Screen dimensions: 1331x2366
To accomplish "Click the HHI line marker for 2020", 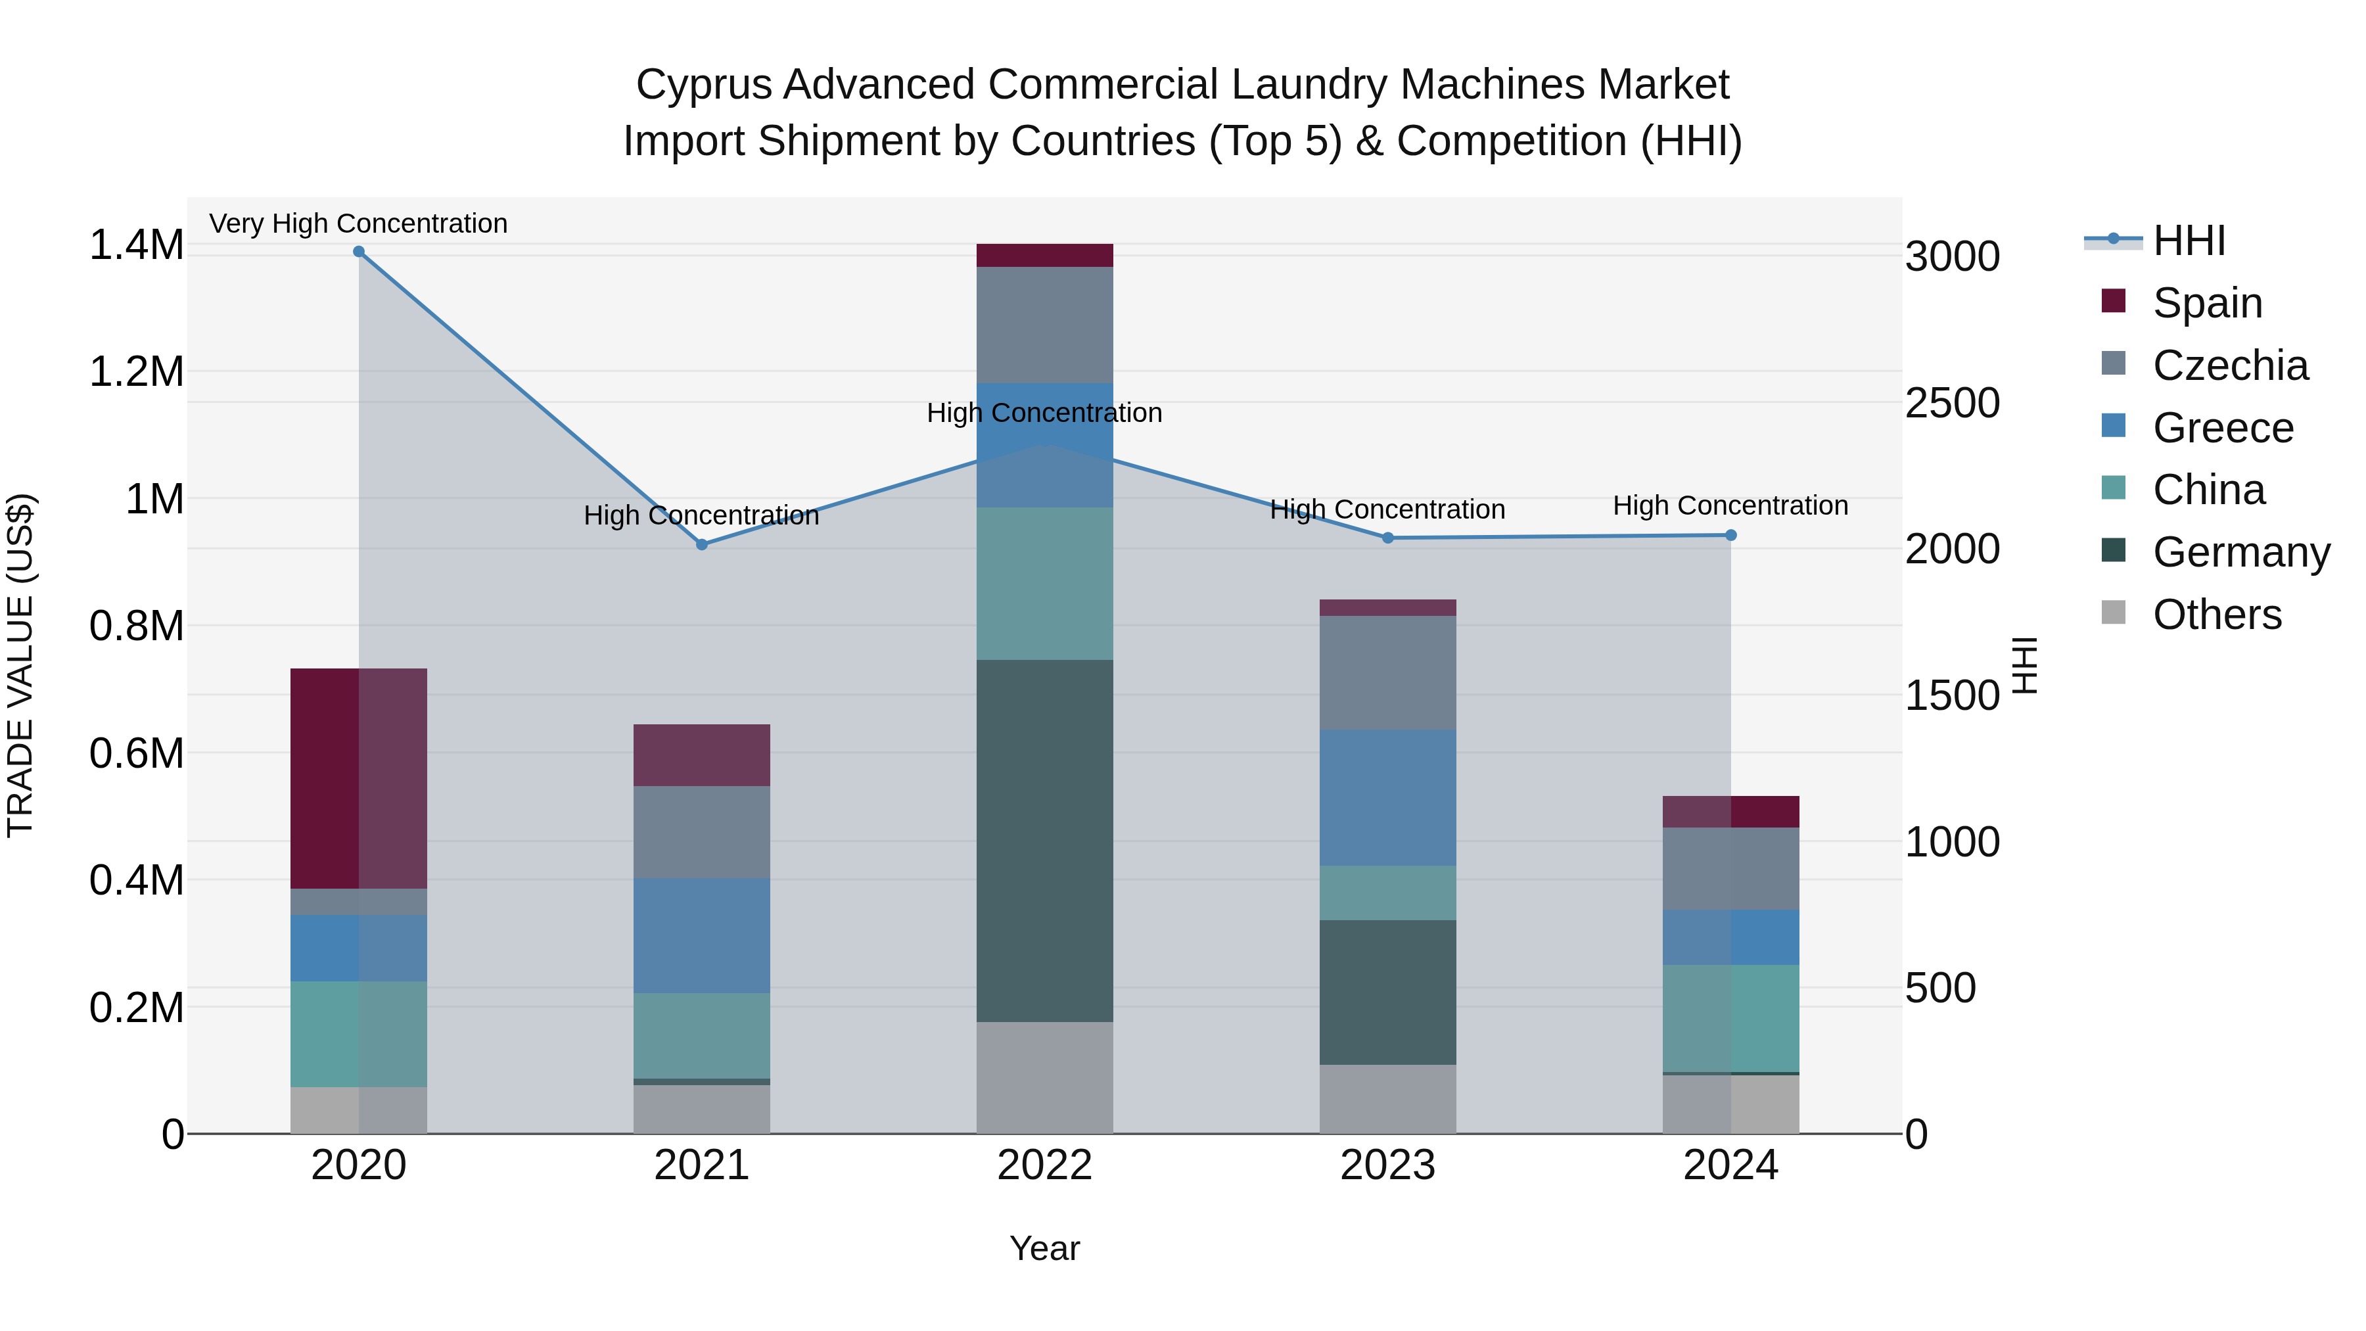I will point(358,252).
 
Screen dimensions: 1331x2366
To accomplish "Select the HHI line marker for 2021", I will point(702,545).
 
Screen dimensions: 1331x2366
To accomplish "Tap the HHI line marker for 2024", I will point(1730,536).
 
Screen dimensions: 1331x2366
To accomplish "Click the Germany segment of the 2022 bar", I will point(1044,841).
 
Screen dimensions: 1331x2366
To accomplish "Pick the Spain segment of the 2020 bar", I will point(358,778).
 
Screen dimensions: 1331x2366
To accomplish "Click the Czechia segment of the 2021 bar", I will point(702,832).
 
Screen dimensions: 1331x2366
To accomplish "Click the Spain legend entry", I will point(2206,303).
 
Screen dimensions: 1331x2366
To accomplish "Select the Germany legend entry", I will point(2240,552).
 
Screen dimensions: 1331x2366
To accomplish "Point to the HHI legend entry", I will point(2188,241).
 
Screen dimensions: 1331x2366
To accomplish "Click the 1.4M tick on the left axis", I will point(136,245).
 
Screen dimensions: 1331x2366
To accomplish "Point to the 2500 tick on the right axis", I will point(1952,402).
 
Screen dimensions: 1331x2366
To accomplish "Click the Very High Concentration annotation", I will point(358,223).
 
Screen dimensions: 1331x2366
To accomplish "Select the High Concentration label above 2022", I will point(1044,412).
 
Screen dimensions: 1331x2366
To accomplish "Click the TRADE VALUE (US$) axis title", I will point(20,665).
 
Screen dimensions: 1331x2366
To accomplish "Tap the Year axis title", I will point(1044,1248).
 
